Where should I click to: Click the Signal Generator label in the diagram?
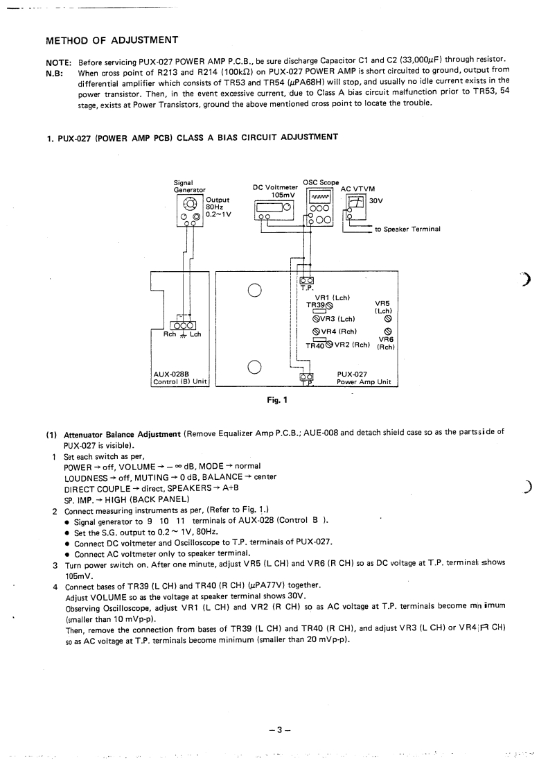tap(189, 187)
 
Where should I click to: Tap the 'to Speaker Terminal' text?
tap(407, 230)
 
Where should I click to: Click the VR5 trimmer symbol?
tap(388, 320)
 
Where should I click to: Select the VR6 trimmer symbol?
tap(388, 331)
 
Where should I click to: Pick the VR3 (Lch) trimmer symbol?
tap(315, 319)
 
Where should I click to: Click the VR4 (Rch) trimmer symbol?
tap(315, 331)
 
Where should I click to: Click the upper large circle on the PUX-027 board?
tap(254, 290)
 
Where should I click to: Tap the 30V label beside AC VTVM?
tap(377, 200)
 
